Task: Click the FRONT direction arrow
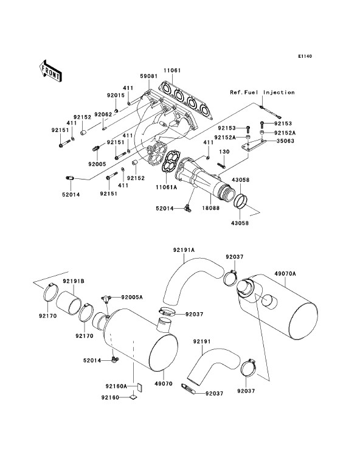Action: (x=50, y=71)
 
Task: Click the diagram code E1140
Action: (x=305, y=56)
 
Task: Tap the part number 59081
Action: (x=148, y=76)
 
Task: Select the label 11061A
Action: (x=167, y=187)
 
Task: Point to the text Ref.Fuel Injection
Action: (x=263, y=92)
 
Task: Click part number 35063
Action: (x=286, y=141)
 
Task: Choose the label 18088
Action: (x=210, y=208)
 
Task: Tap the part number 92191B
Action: (x=73, y=281)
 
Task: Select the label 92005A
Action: (x=132, y=298)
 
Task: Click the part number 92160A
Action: (x=116, y=386)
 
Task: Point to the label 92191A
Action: (x=184, y=250)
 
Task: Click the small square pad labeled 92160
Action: (x=133, y=397)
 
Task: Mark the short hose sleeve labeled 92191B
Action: (x=69, y=302)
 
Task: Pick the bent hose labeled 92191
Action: (x=213, y=365)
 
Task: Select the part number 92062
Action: (x=103, y=114)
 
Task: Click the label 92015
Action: (x=116, y=95)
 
